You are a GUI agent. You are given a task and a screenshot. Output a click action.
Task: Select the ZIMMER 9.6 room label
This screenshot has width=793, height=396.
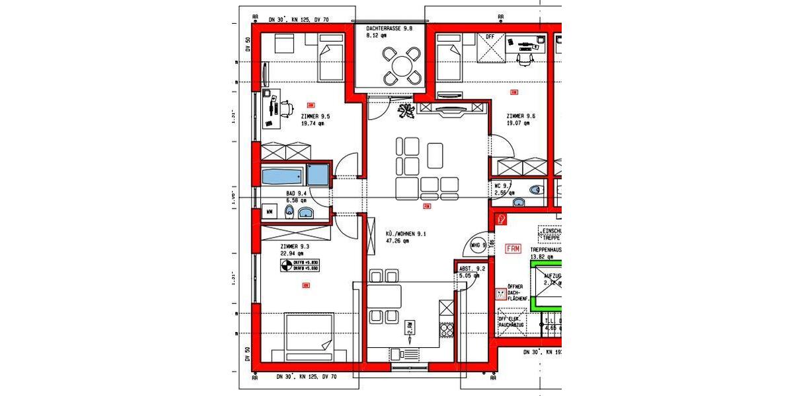521,119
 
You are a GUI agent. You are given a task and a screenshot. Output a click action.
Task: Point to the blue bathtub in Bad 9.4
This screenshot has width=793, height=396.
282,176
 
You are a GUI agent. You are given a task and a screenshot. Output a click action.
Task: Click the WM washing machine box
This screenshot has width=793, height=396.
270,212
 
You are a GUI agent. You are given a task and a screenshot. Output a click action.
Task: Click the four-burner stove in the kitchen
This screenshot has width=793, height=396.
447,328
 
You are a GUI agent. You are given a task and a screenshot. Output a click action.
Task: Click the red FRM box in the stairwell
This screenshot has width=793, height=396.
513,249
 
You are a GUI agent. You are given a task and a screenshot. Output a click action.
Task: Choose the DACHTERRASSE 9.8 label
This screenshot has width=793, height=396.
389,32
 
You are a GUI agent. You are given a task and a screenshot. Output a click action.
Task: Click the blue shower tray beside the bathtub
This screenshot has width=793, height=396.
317,175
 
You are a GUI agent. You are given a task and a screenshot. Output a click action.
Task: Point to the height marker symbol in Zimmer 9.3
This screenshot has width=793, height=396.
285,265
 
